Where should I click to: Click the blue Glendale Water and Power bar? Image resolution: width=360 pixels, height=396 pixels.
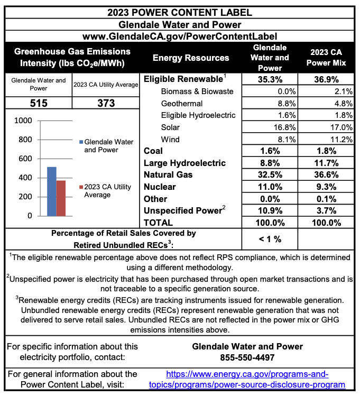tap(51, 191)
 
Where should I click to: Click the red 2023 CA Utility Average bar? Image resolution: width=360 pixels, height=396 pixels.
tap(61, 198)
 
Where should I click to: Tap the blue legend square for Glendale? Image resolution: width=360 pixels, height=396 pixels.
tap(81, 142)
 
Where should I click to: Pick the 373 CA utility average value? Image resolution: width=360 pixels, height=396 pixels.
tap(106, 103)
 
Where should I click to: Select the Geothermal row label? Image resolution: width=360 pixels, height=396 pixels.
tap(181, 103)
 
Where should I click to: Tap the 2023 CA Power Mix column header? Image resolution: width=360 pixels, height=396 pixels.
tap(328, 58)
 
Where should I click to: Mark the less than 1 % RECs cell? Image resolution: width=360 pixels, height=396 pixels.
tap(270, 239)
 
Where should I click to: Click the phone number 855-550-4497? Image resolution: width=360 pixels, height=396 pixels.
tap(247, 357)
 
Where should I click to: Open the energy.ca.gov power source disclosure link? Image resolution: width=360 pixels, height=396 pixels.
tap(248, 379)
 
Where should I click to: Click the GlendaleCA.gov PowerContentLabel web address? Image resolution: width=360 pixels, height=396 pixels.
tap(180, 36)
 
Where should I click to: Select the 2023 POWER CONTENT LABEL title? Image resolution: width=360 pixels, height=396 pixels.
tap(180, 12)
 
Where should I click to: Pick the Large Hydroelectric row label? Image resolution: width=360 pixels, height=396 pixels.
tap(184, 163)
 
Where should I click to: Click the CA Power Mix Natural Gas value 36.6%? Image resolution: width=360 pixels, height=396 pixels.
tap(328, 174)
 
